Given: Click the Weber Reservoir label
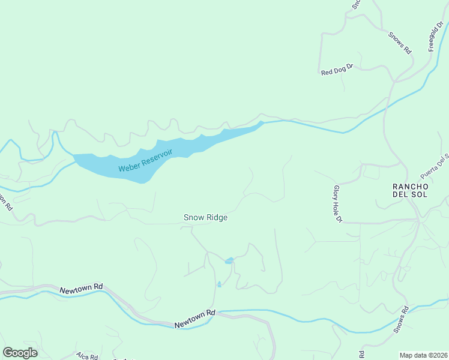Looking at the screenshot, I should tap(145, 160).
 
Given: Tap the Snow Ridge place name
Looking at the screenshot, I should tap(205, 217).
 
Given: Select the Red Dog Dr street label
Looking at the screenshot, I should tap(338, 71).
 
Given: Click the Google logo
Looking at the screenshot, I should tap(20, 353).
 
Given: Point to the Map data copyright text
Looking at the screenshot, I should tap(423, 355).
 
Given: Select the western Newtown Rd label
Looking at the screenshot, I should tap(82, 290).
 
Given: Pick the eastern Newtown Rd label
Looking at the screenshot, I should tap(195, 319).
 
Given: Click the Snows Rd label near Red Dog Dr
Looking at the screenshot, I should tap(399, 43).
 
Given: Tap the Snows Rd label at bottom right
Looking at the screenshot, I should tap(401, 320).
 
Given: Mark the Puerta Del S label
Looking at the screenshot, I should tap(435, 167).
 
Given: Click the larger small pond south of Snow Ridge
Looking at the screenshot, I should tap(229, 260).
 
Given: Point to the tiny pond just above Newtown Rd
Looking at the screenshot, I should tap(219, 284).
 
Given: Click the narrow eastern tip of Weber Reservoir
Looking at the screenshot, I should tap(259, 124).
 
